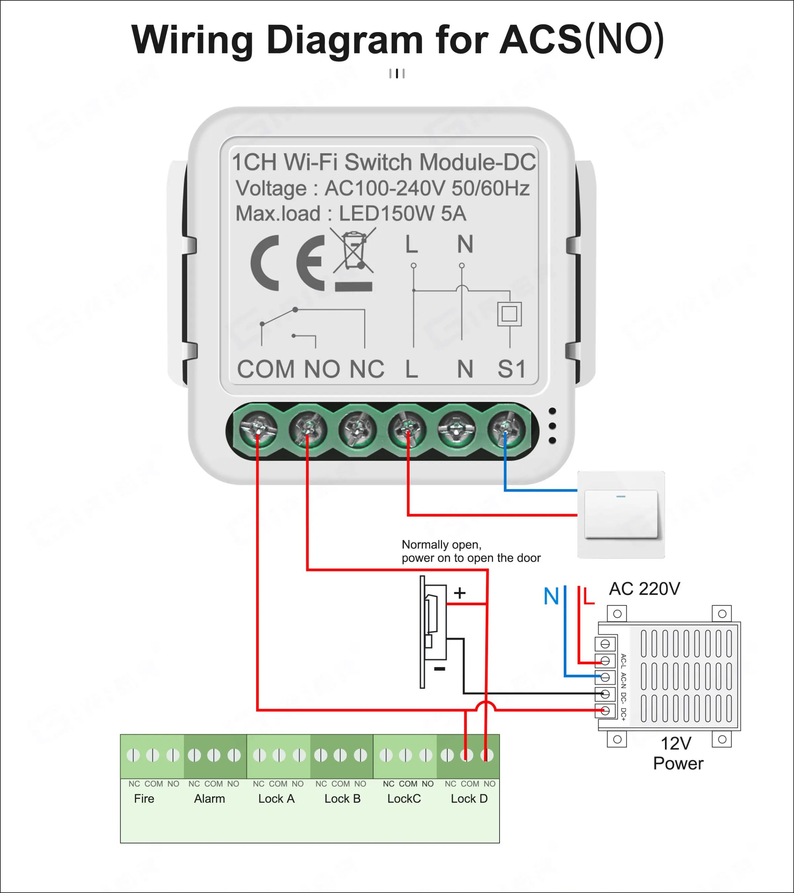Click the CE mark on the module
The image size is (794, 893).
click(x=287, y=263)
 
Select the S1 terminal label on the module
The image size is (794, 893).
click(x=511, y=369)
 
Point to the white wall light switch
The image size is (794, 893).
click(x=621, y=514)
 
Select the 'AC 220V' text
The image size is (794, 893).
click(x=645, y=589)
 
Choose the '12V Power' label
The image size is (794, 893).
click(x=677, y=753)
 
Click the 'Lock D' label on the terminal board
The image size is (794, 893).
click(x=469, y=798)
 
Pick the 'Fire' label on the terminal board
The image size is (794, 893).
click(x=144, y=798)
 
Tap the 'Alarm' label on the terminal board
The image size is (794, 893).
click(x=209, y=798)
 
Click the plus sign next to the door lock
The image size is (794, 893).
click(x=459, y=593)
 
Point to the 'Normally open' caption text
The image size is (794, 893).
click(x=441, y=545)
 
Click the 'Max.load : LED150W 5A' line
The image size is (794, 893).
click(x=351, y=213)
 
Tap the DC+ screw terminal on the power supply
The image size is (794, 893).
click(x=605, y=711)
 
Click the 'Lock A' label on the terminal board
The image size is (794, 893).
click(x=276, y=798)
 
